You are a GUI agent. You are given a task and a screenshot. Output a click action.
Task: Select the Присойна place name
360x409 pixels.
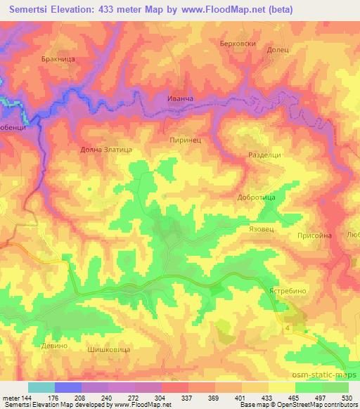(314, 236)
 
